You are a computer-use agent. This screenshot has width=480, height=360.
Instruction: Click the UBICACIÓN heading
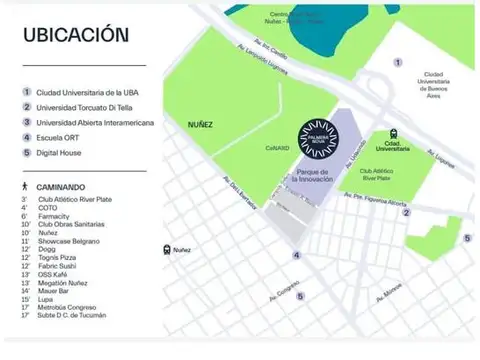(x=74, y=34)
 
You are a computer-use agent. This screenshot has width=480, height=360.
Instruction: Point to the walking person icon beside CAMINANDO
(x=23, y=187)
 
